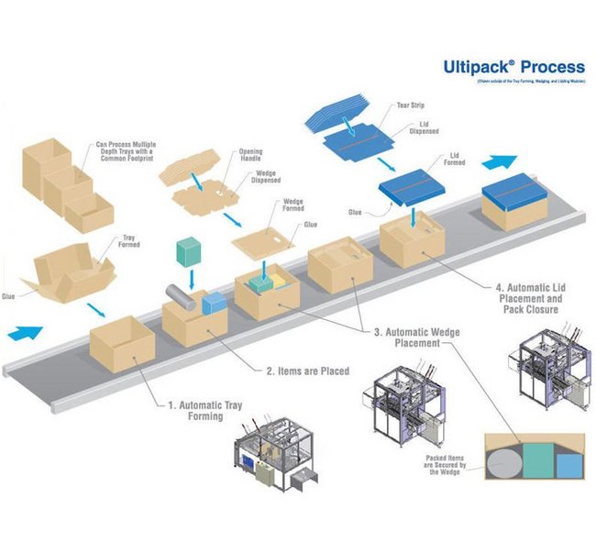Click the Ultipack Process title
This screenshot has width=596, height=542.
click(x=513, y=67)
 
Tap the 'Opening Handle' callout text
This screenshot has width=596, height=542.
click(x=250, y=155)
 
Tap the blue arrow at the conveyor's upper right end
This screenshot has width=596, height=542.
click(x=501, y=162)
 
